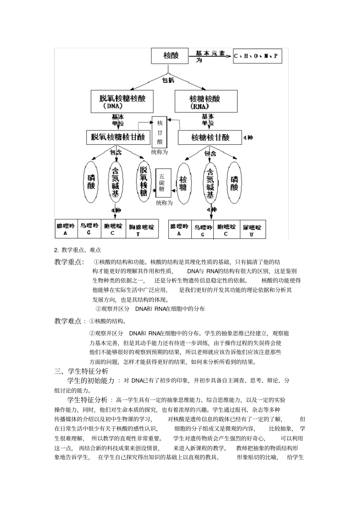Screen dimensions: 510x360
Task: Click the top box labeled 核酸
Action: (x=170, y=56)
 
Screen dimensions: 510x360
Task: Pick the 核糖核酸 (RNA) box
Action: (x=206, y=101)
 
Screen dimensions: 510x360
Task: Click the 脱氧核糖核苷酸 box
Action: (x=118, y=137)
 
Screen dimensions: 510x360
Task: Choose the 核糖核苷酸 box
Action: (x=210, y=138)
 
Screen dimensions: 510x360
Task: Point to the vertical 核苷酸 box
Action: (x=160, y=132)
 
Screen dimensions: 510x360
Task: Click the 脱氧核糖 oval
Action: (x=143, y=182)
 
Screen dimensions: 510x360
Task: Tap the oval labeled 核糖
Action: (x=183, y=183)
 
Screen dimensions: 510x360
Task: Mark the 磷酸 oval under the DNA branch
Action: (x=91, y=182)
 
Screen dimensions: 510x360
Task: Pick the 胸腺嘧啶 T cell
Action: (x=141, y=229)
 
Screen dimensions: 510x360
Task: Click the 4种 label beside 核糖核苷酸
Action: (x=248, y=137)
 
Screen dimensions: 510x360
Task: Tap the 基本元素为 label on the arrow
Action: (x=210, y=56)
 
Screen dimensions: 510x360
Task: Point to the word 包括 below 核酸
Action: (x=169, y=80)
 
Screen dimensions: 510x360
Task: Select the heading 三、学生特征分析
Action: (x=81, y=371)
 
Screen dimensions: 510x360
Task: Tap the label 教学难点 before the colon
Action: (x=68, y=322)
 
